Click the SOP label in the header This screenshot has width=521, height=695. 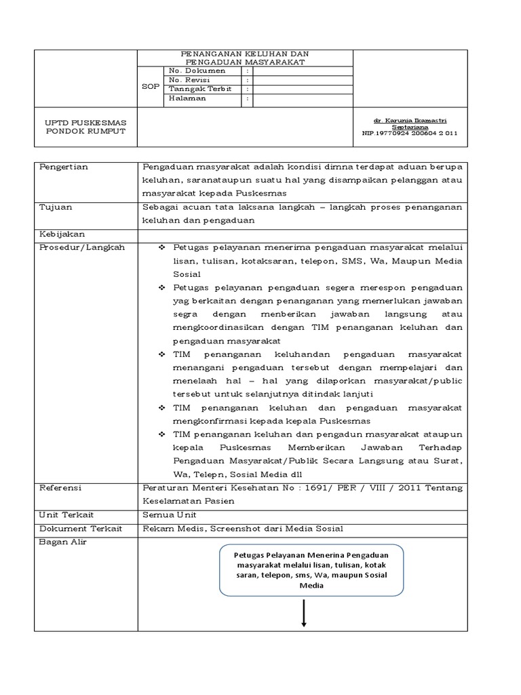pyautogui.click(x=151, y=87)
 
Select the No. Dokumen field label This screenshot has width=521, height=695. pyautogui.click(x=192, y=70)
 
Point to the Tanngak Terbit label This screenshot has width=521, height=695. pyautogui.click(x=199, y=89)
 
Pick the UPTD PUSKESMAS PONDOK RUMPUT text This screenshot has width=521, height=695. pyautogui.click(x=85, y=126)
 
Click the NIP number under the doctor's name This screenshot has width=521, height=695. pyautogui.click(x=406, y=133)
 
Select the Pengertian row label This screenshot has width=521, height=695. pyautogui.click(x=64, y=167)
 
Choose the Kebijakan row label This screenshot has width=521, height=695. pyautogui.click(x=61, y=233)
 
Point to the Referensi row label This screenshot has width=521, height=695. pyautogui.click(x=60, y=487)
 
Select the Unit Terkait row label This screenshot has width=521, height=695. pyautogui.click(x=66, y=514)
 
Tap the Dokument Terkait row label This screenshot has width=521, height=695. pyautogui.click(x=78, y=528)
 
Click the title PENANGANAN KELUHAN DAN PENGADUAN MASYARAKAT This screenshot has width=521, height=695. pyautogui.click(x=246, y=57)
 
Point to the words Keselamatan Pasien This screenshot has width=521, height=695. pyautogui.click(x=183, y=500)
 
